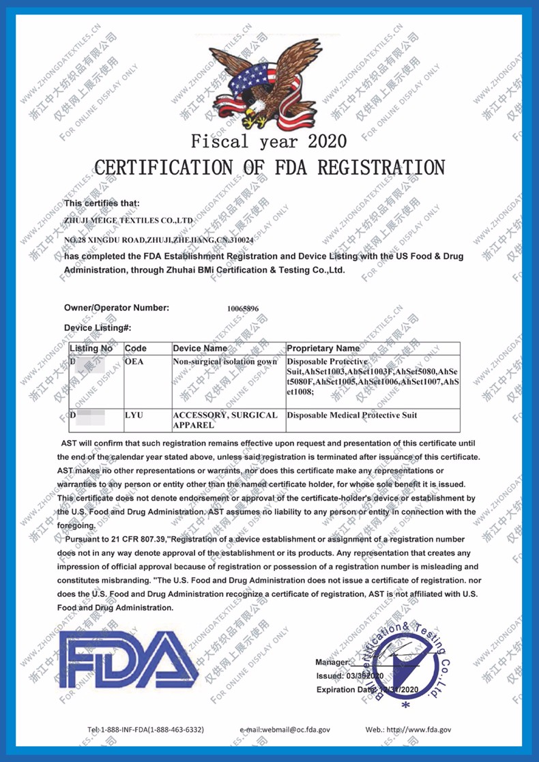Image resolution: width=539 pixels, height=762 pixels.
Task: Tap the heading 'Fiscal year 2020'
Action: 269,142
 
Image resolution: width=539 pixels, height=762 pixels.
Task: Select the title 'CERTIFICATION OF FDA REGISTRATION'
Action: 269,167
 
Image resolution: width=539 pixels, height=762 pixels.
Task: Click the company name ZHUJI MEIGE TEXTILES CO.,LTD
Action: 128,221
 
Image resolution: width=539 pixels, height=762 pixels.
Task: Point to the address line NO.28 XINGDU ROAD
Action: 159,241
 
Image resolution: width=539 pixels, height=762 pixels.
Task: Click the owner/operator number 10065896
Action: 243,308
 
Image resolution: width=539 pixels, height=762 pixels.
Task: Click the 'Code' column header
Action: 136,348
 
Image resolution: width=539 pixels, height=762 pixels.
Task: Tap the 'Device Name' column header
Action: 200,348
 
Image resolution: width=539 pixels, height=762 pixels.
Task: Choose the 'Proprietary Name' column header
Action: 323,348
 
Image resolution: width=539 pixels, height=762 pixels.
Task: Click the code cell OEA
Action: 134,360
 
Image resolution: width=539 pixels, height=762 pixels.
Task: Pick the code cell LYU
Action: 134,415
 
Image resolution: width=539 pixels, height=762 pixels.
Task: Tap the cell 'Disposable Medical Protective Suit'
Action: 352,415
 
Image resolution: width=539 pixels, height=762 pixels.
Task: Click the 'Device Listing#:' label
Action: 98,328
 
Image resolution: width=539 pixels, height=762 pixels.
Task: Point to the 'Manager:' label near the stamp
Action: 332,662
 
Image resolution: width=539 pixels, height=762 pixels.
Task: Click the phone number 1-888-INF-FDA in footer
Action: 145,729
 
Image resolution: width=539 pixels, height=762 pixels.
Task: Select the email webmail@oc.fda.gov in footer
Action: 285,729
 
